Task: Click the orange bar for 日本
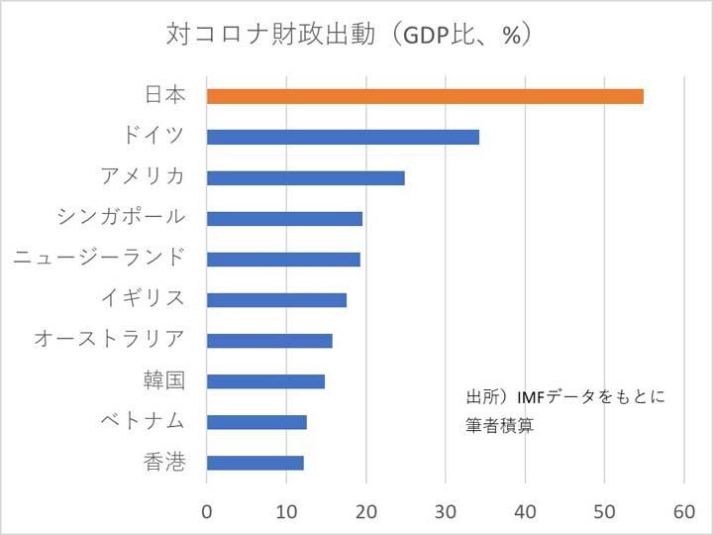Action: (x=425, y=96)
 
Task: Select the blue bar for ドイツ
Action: (x=343, y=137)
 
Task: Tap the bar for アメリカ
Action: (x=306, y=178)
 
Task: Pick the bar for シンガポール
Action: (x=284, y=219)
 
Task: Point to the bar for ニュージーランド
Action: (x=283, y=259)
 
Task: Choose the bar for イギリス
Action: (x=276, y=300)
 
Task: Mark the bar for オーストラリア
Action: (x=269, y=341)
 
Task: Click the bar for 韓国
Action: (x=265, y=381)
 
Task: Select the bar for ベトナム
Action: (x=256, y=422)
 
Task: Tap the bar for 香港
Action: (x=255, y=463)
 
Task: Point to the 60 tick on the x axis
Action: (x=684, y=512)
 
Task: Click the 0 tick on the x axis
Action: (x=207, y=512)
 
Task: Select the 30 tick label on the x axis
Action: (x=446, y=512)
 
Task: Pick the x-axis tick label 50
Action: (x=604, y=512)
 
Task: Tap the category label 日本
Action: (x=164, y=96)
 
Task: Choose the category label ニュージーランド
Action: (x=99, y=259)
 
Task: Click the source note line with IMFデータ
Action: (x=565, y=398)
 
